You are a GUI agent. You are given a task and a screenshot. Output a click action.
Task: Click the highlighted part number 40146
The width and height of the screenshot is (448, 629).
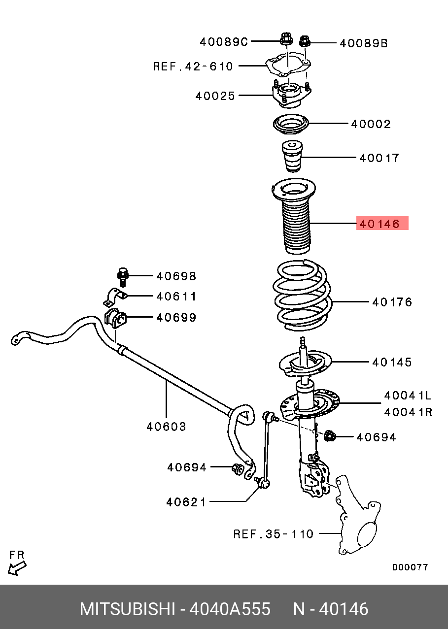tap(382, 224)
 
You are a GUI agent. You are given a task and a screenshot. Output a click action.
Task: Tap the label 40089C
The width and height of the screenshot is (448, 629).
tap(224, 42)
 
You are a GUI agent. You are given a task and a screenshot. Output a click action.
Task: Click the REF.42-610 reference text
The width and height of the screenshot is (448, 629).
tap(193, 66)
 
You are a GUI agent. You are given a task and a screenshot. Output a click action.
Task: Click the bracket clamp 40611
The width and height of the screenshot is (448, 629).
tap(115, 298)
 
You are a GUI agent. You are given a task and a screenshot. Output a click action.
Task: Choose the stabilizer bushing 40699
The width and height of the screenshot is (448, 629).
tap(116, 318)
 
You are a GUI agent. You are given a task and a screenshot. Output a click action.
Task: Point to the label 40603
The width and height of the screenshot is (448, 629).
tap(166, 427)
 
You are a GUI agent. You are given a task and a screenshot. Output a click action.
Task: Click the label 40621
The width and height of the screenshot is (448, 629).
tap(186, 502)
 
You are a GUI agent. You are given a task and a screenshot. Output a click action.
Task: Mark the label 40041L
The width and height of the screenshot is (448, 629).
tap(408, 396)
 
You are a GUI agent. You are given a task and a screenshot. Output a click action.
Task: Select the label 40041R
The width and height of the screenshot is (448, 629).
tap(408, 411)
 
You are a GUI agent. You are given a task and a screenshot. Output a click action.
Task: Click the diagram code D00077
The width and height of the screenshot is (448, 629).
tap(410, 567)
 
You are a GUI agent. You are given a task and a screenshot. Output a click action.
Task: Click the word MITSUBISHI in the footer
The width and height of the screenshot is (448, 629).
tap(127, 609)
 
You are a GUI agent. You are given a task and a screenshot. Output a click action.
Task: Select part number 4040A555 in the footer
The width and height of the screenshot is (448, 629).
tap(230, 609)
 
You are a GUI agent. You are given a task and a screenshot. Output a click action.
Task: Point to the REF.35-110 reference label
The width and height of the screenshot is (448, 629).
tap(273, 533)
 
